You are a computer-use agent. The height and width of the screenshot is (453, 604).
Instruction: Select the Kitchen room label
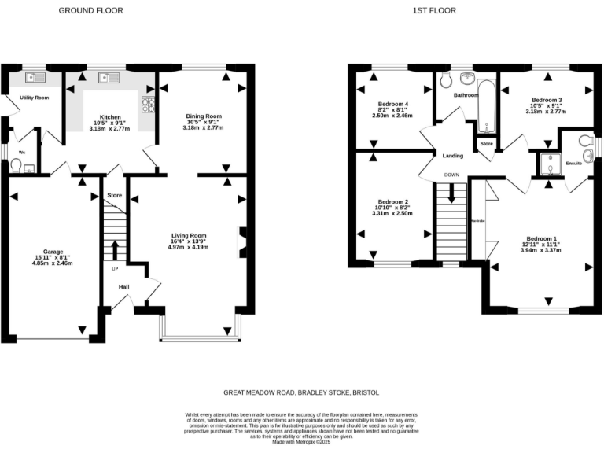pos(109,116)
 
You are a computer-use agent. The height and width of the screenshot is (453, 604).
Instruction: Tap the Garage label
pos(53,252)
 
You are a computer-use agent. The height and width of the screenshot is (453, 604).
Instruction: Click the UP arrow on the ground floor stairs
pos(116,250)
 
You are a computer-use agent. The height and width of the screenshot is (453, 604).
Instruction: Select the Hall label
pos(123,287)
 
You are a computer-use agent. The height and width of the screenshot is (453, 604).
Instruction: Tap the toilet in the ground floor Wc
pos(16,164)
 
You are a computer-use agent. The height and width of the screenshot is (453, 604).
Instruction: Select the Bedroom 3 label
pos(546,100)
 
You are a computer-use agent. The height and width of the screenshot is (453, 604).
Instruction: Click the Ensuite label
pos(576,163)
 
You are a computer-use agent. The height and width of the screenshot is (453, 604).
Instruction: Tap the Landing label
pos(453,156)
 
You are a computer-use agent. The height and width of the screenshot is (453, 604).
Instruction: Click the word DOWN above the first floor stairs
pos(451,175)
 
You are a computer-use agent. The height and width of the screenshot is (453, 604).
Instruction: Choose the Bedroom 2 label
pos(390,201)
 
